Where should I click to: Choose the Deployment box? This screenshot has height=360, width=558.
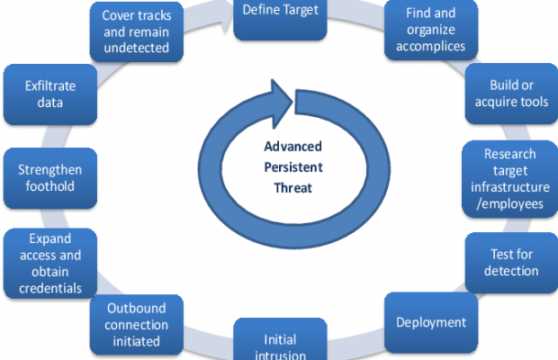(x=431, y=321)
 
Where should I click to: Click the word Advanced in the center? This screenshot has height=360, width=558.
(x=292, y=148)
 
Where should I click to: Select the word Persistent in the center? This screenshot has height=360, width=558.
(x=292, y=167)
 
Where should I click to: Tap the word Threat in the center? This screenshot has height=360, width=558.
(x=292, y=187)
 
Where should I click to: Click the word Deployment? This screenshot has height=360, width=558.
(x=431, y=321)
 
